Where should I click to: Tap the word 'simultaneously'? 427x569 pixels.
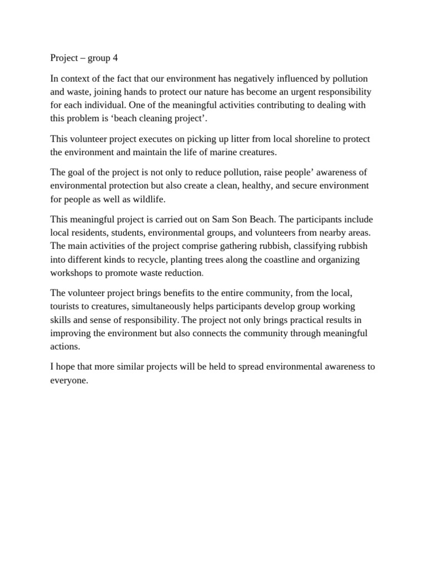(x=166, y=307)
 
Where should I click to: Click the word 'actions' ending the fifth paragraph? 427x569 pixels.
(x=64, y=346)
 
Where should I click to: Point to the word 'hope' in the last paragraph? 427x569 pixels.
(x=67, y=367)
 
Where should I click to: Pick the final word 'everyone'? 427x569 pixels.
(x=69, y=380)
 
